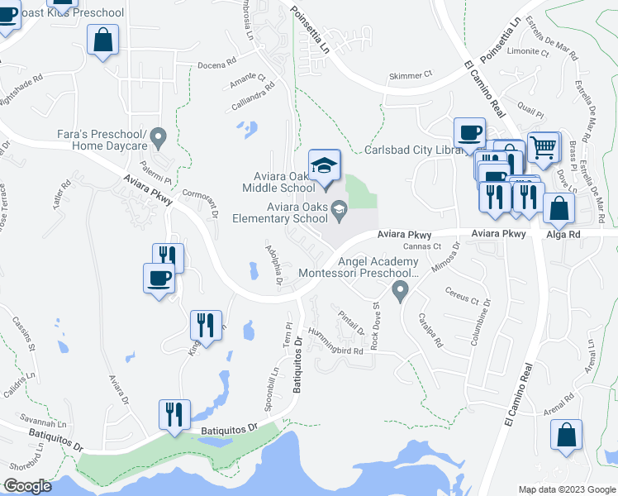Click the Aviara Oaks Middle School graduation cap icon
(325, 164)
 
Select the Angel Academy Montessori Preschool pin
(401, 290)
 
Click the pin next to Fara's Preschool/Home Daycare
(162, 135)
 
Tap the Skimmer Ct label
(411, 75)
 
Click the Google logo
(26, 486)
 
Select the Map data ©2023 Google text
(565, 489)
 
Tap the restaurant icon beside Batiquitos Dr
(174, 413)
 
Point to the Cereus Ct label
(462, 299)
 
